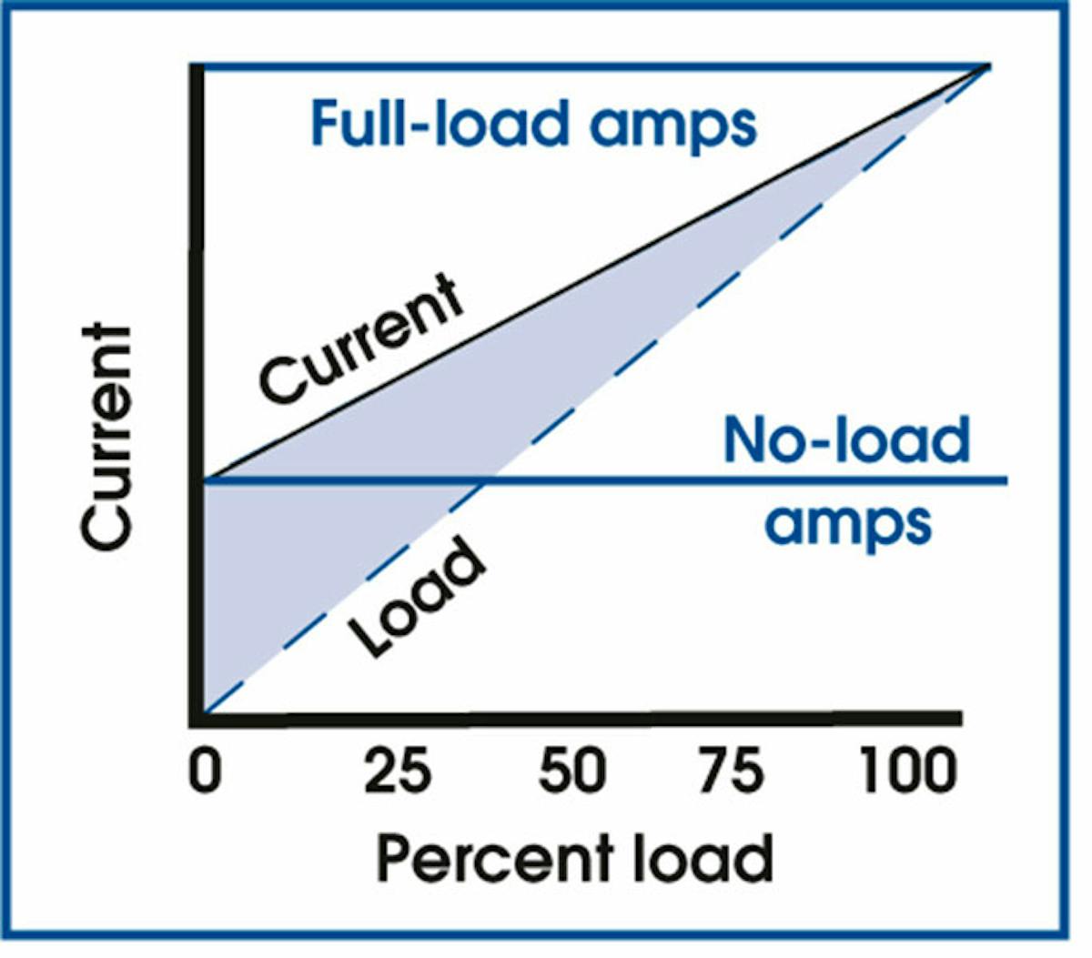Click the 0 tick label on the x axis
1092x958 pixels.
206,773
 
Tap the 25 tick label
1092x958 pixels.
398,773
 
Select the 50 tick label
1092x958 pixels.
571,773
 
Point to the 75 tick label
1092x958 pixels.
732,773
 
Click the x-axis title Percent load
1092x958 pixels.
574,858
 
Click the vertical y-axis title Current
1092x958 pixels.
107,437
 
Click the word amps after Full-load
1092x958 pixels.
672,125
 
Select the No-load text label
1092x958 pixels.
846,439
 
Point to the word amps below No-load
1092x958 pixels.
847,523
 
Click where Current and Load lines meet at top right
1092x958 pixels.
988,66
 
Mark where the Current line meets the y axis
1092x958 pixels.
206,479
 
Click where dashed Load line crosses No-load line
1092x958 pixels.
488,480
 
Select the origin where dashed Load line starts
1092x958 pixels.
206,712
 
